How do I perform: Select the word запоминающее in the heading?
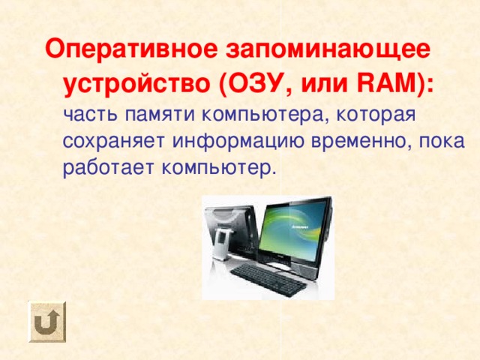click(x=328, y=50)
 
